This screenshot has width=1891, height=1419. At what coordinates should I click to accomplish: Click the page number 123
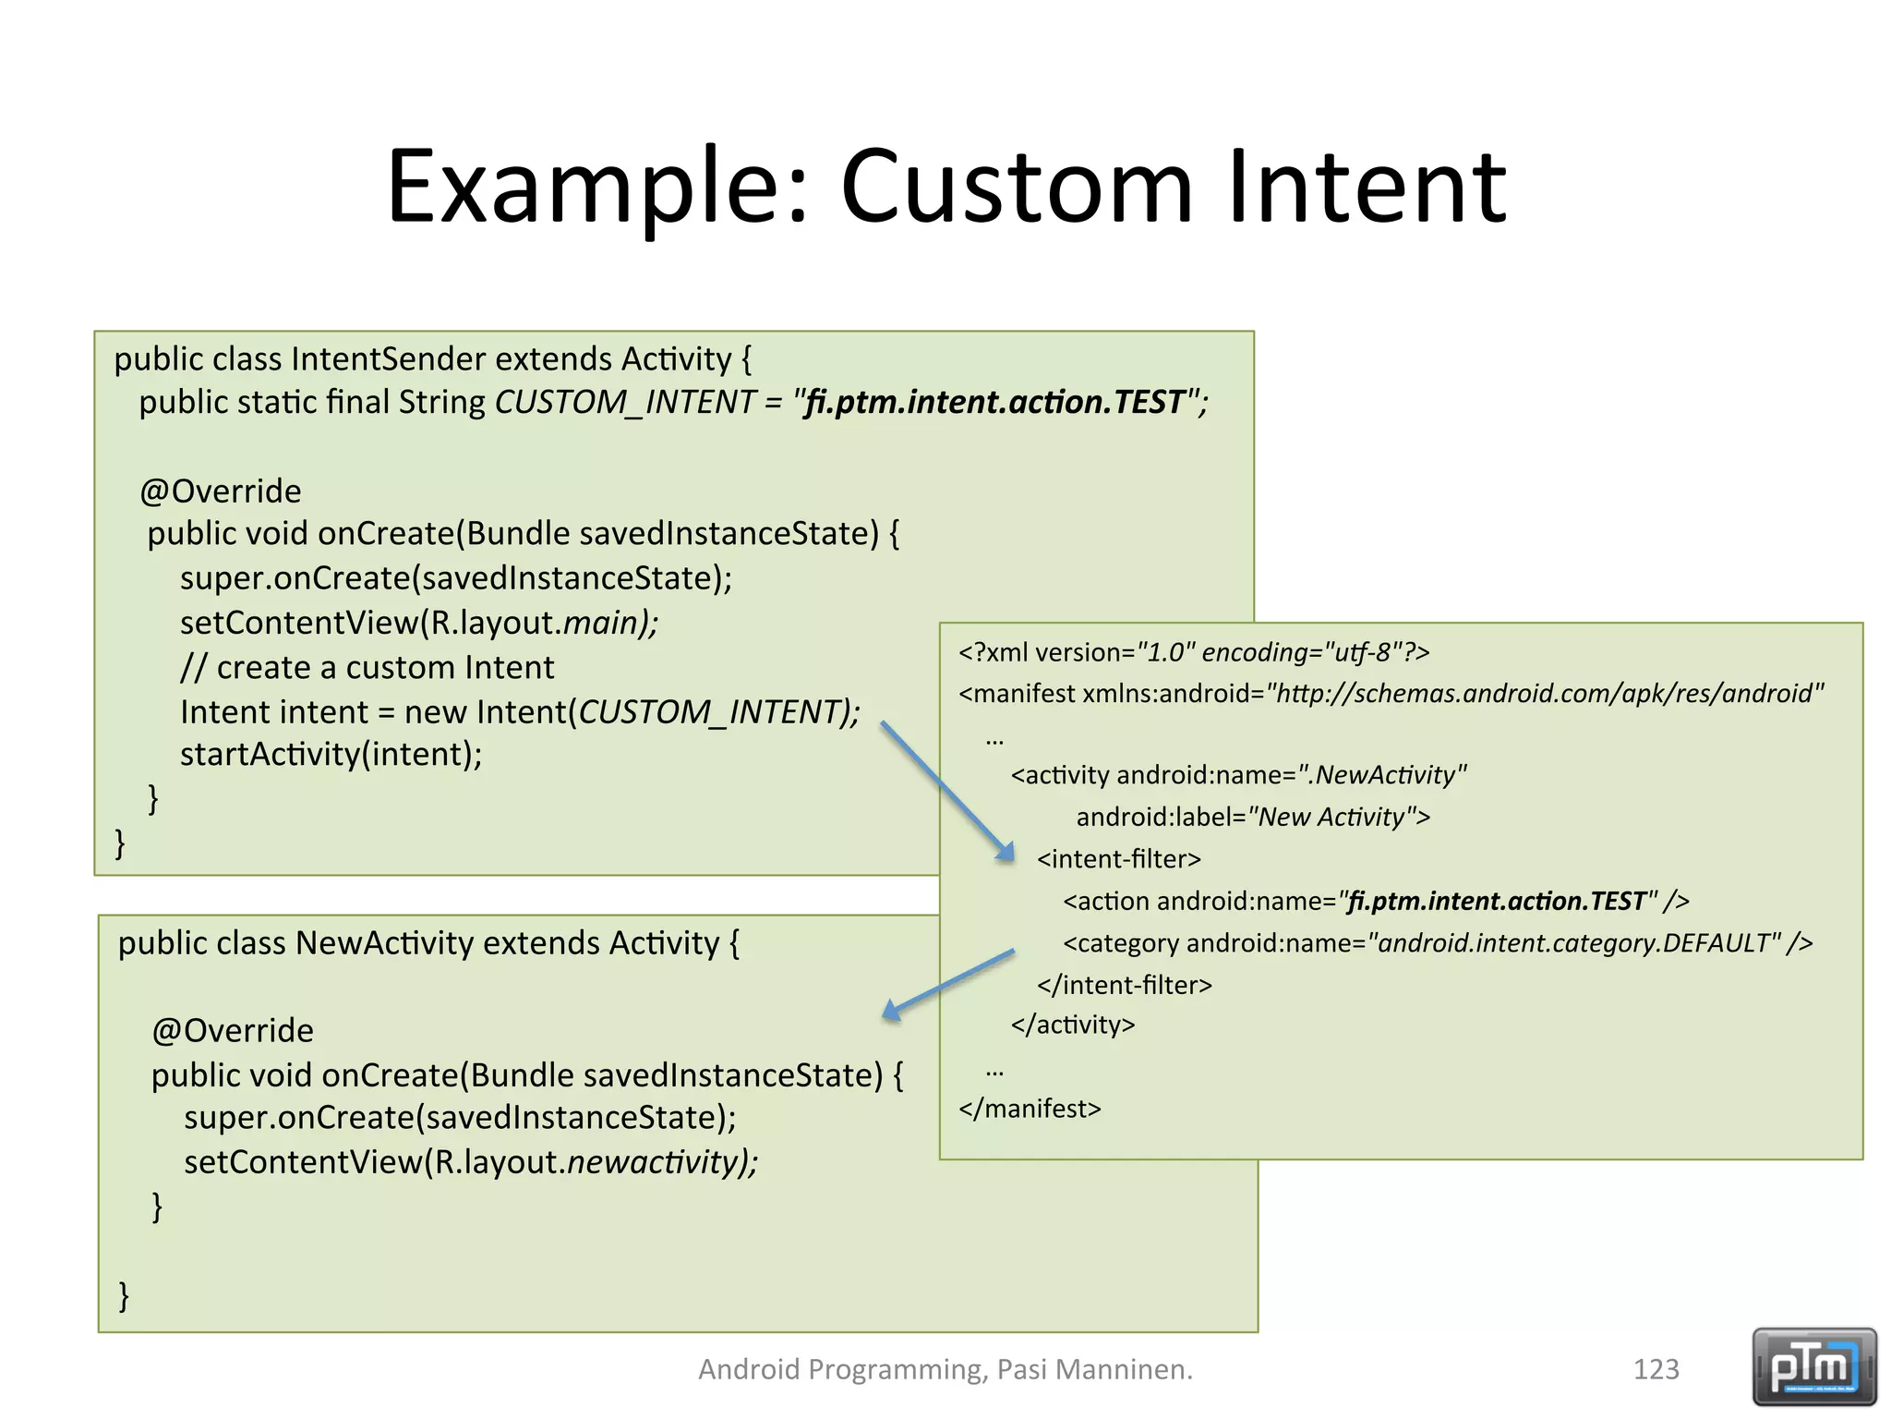tap(1656, 1369)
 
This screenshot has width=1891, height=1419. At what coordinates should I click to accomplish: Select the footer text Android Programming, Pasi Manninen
tap(945, 1369)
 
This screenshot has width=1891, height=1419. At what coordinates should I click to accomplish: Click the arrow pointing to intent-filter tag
tap(946, 791)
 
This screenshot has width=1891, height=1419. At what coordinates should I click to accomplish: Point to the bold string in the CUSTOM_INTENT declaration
tap(995, 402)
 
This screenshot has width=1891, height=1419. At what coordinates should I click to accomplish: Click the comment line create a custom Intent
tap(367, 667)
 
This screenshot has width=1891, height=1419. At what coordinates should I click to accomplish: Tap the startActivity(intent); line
tap(331, 754)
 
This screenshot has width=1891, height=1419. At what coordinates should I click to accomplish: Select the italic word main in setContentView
tap(603, 623)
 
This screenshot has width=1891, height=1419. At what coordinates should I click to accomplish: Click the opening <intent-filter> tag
tap(1118, 859)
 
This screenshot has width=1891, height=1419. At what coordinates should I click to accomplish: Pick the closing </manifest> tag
tap(1030, 1109)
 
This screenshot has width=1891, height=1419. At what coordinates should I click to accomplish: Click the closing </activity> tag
tap(1072, 1025)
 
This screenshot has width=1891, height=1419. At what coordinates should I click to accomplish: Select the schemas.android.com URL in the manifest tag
tap(1544, 694)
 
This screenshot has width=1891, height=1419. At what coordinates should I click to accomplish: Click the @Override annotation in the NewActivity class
tap(233, 1030)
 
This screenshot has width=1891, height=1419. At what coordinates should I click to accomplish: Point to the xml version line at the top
tap(1193, 652)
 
